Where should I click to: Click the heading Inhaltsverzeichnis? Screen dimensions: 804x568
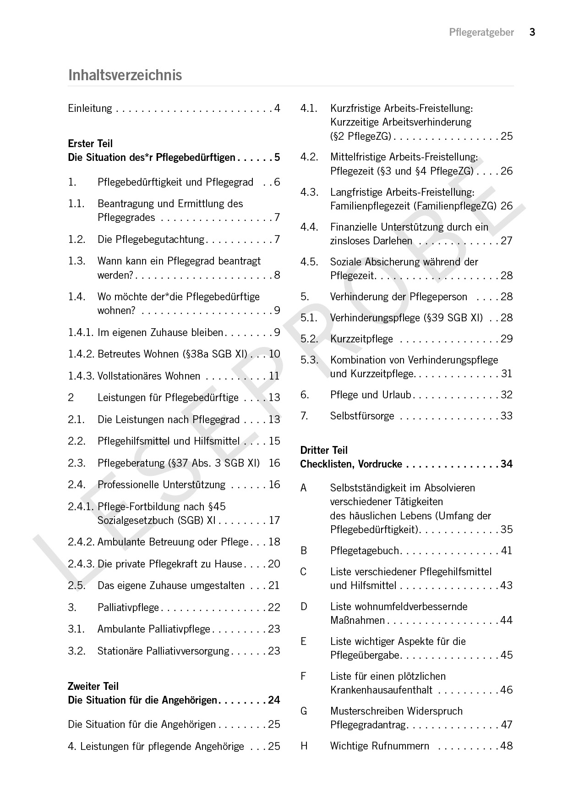tap(125, 75)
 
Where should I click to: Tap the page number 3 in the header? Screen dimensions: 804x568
tap(532, 32)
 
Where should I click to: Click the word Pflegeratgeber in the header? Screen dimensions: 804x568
tap(481, 33)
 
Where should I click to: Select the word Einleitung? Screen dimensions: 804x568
tap(90, 109)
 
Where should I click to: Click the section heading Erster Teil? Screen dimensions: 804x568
tap(90, 143)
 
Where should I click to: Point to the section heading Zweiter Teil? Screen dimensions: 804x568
tap(93, 686)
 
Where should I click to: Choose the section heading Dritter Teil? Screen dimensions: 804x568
tap(324, 450)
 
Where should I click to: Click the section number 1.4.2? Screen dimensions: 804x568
tap(81, 354)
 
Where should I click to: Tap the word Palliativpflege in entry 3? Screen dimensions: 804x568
tap(128, 607)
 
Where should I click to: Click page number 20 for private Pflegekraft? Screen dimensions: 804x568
tap(274, 564)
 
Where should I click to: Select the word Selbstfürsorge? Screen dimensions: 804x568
tap(362, 416)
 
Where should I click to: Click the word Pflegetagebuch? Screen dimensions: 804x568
tap(365, 551)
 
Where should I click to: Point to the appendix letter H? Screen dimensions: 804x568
tap(304, 746)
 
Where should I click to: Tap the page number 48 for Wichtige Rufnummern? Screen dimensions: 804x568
tap(506, 746)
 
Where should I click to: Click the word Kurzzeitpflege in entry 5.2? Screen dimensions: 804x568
tap(361, 339)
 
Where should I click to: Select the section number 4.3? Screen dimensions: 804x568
tap(309, 192)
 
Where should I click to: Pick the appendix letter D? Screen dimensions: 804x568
tap(304, 606)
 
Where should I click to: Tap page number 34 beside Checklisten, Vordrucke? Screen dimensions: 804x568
tap(506, 464)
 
